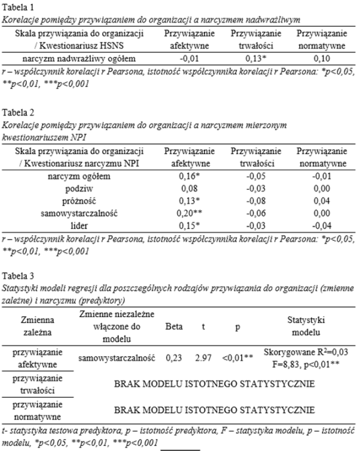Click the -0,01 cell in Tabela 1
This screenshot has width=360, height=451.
point(190,59)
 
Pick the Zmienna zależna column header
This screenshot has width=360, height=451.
point(37,327)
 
